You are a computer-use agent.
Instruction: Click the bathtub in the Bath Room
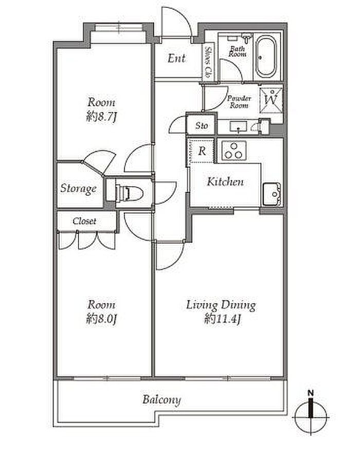(266, 57)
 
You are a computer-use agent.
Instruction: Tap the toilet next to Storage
(129, 193)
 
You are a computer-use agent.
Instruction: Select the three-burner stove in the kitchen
(233, 151)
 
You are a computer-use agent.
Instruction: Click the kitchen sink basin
(272, 194)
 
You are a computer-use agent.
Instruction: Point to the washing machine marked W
(271, 99)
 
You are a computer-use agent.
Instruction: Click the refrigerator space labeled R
(202, 151)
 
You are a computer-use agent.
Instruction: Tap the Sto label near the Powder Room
(202, 126)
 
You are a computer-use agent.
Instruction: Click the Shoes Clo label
(208, 62)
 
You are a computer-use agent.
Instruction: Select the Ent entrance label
(176, 58)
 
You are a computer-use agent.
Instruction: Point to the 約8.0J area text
(102, 319)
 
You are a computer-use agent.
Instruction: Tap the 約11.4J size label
(223, 319)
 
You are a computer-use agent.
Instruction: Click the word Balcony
(161, 400)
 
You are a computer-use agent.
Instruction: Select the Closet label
(84, 221)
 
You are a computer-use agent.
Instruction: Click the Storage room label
(78, 188)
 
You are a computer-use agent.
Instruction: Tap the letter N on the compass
(311, 393)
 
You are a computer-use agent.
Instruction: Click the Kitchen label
(225, 181)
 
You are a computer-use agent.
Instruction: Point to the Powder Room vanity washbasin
(238, 127)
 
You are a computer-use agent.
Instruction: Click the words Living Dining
(221, 305)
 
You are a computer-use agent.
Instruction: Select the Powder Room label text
(239, 102)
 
